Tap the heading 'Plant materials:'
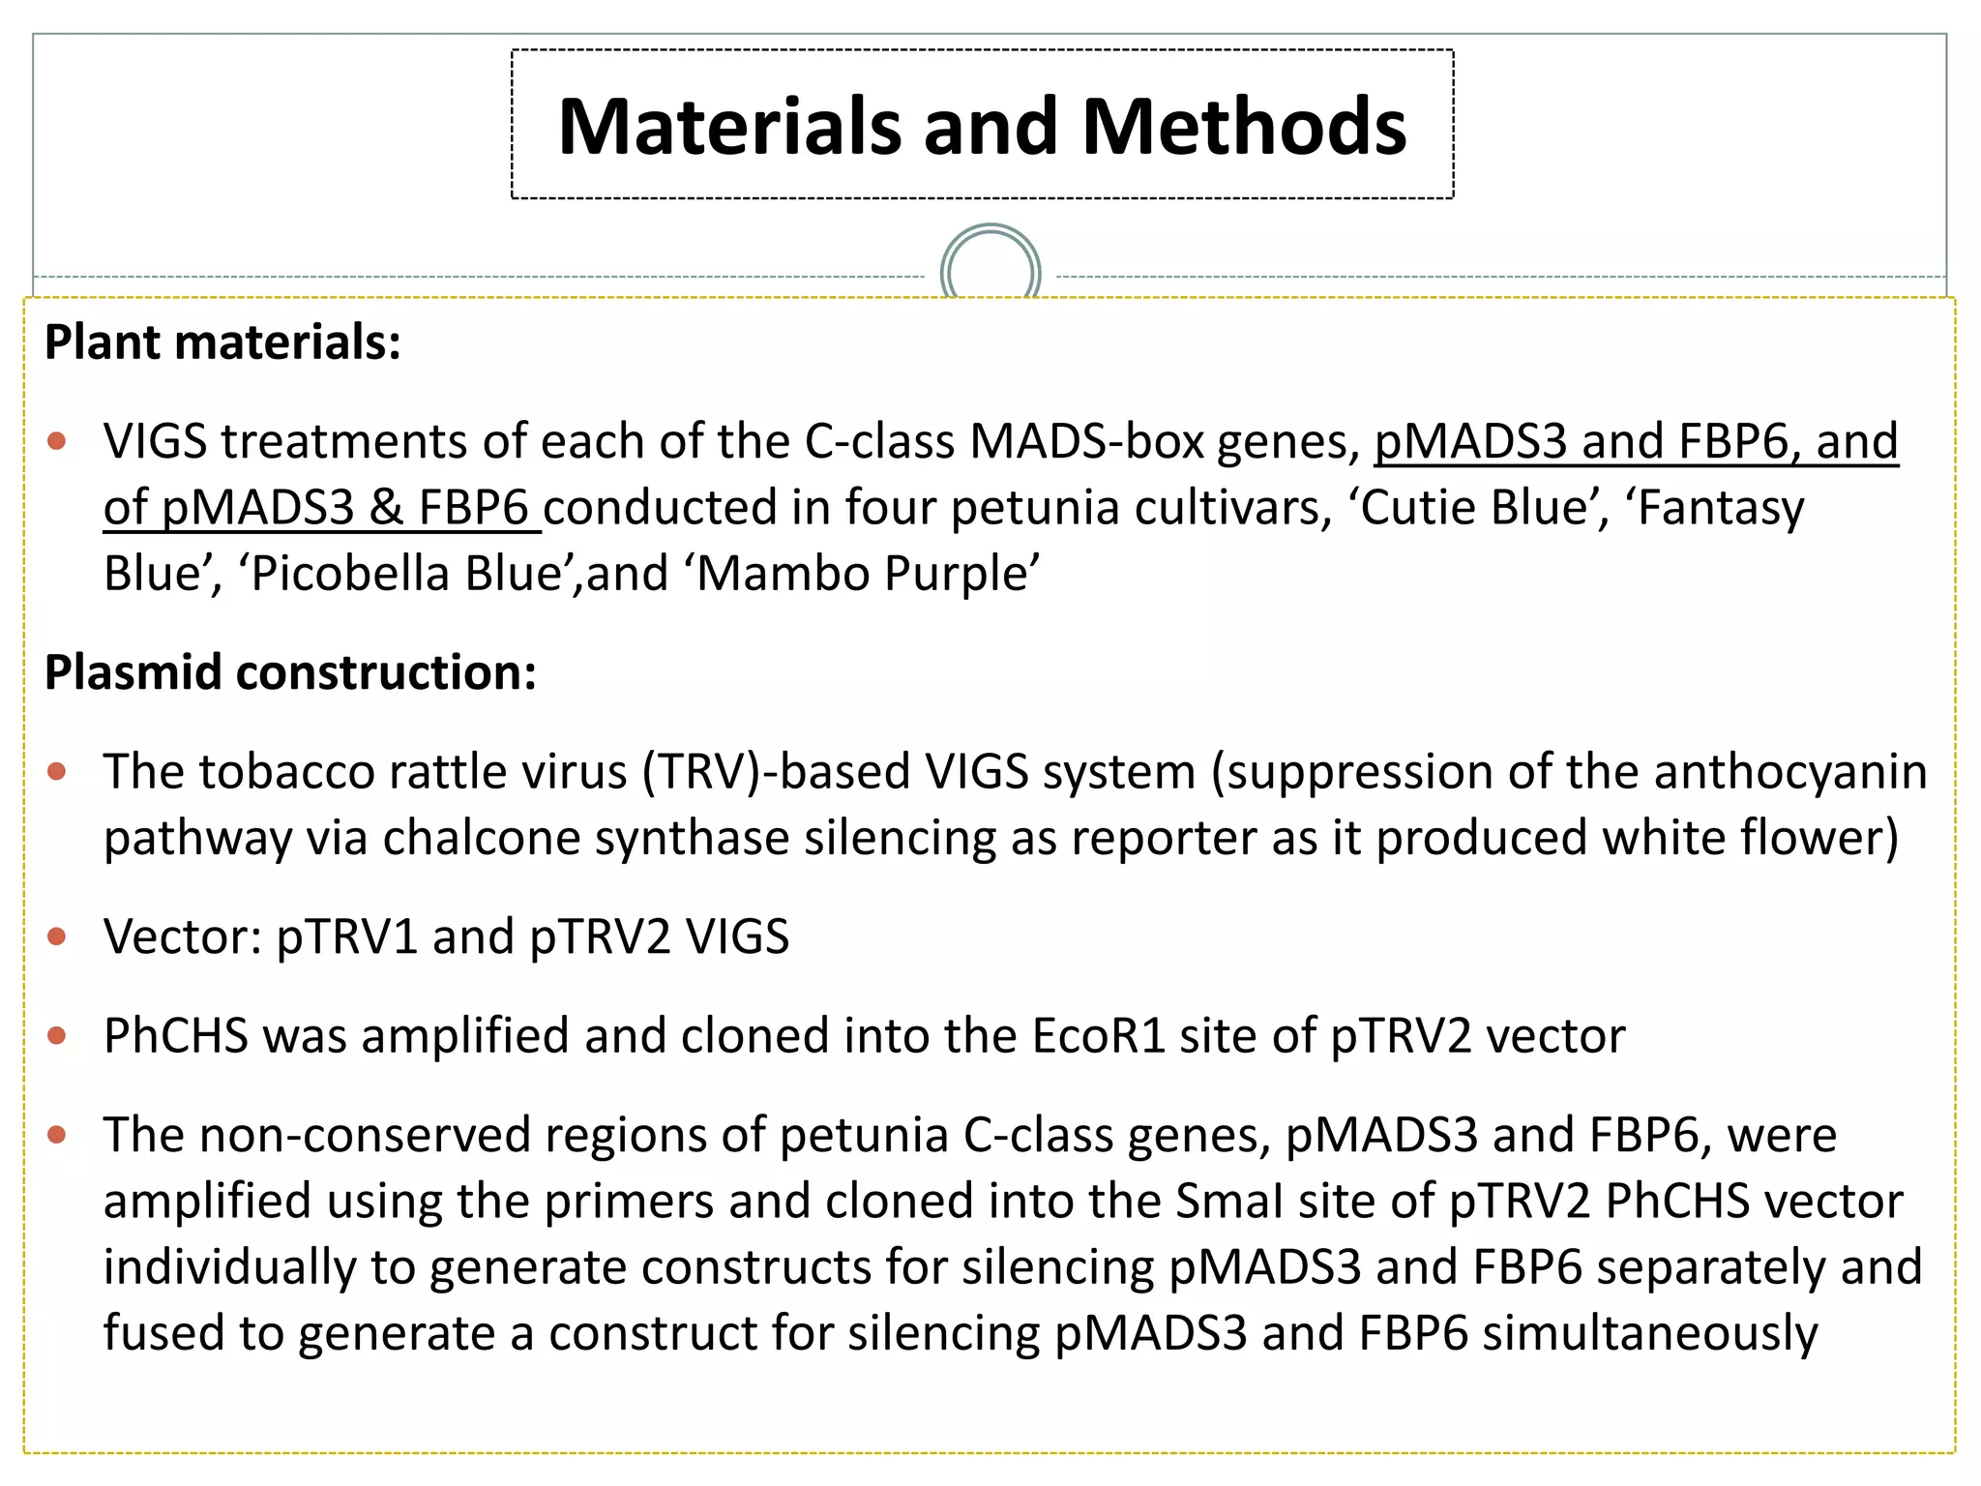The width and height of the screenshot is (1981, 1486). pos(222,342)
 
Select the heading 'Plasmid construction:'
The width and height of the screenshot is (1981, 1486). pos(290,671)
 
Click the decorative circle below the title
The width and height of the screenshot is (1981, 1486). pos(990,271)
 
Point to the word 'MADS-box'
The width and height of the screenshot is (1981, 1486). pos(1087,442)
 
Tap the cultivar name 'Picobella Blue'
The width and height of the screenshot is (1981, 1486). pos(407,574)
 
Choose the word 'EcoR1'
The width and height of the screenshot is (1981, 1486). pos(1098,1036)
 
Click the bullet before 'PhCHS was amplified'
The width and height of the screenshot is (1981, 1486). pos(57,1036)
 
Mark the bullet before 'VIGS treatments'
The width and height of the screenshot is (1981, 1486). pos(57,442)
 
